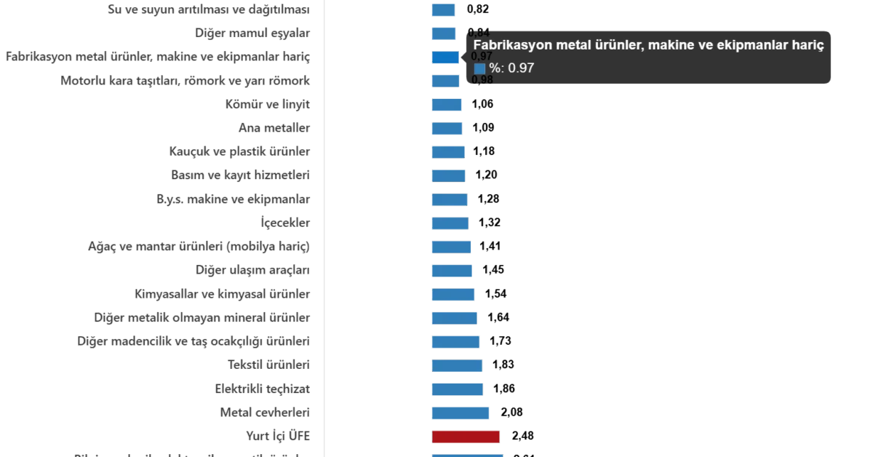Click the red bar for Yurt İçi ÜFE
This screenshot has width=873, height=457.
coord(466,437)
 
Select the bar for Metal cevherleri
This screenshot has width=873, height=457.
coord(461,413)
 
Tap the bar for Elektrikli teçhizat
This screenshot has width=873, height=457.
coord(457,389)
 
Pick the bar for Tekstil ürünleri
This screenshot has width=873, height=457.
coord(457,365)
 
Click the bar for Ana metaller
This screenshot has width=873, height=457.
coord(447,130)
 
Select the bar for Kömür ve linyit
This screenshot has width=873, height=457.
coord(447,106)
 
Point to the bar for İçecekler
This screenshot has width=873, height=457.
coord(450,223)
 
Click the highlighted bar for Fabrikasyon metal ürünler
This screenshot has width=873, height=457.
coord(445,57)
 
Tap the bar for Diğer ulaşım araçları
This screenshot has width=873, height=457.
coord(453,271)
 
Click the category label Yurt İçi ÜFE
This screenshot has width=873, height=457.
coord(280,436)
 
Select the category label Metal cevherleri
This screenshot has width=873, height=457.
coord(265,413)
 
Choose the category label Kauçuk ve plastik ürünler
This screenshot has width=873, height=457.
coord(241,152)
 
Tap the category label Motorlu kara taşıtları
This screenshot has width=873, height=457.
coord(186,81)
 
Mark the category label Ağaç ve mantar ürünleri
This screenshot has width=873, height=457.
coord(199,247)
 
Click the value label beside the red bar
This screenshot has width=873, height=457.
coord(524,437)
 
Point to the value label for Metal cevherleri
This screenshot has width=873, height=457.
coord(512,413)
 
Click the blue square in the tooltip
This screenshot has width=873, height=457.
coord(479,68)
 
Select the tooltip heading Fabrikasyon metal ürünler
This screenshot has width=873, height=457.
coord(648,45)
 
